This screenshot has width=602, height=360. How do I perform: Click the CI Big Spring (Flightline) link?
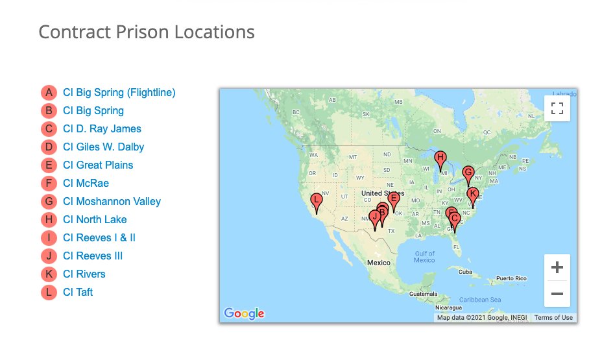click(119, 92)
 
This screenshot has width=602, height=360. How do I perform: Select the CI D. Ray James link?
click(102, 128)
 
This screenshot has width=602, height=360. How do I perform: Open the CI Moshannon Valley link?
click(112, 201)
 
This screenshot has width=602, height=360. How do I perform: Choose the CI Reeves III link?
click(93, 256)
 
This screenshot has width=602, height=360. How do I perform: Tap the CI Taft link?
click(78, 292)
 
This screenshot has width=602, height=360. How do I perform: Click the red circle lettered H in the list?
click(49, 219)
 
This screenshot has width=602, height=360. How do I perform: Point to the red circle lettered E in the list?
click(49, 165)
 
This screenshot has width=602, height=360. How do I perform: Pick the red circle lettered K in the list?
click(49, 274)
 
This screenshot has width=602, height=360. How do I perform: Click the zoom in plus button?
click(557, 267)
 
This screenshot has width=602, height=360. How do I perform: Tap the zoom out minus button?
click(557, 293)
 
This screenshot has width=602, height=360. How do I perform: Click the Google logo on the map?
click(244, 313)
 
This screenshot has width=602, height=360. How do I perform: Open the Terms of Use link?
click(553, 317)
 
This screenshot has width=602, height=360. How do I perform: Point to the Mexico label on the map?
click(378, 263)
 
